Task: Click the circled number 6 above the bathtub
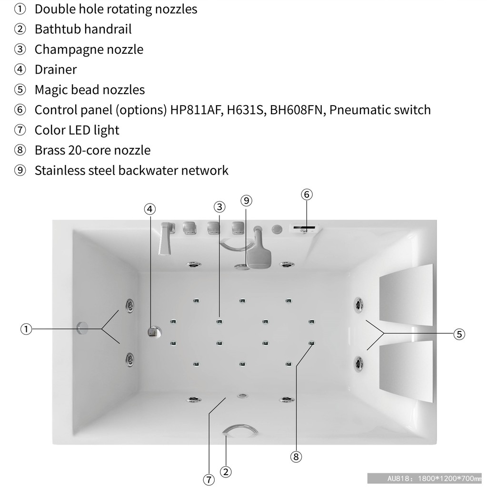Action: tap(307, 195)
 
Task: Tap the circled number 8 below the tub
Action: tap(296, 457)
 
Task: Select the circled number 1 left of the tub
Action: tap(26, 329)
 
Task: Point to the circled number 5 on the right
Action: tap(459, 334)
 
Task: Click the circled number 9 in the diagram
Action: tap(246, 201)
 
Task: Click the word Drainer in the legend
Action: tap(56, 69)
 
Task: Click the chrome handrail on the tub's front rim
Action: tap(240, 430)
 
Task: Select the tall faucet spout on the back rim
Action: tap(166, 238)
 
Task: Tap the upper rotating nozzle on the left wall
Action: tap(129, 306)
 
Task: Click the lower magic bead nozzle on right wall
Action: tap(358, 364)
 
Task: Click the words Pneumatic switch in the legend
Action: tap(380, 110)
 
